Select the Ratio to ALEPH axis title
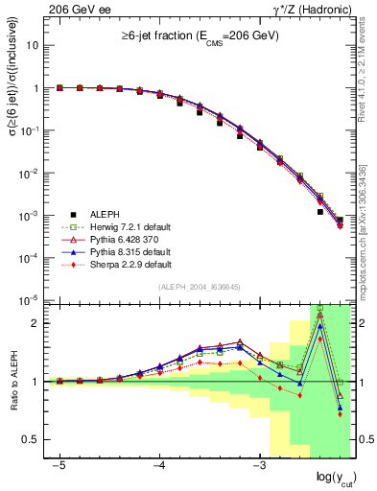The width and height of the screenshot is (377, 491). click(13, 381)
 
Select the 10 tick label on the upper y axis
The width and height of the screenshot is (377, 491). click(33, 45)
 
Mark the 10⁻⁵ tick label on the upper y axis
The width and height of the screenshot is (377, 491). click(29, 301)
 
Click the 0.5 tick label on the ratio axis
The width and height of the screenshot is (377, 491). click(29, 440)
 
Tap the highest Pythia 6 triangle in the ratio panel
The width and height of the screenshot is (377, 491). click(319, 314)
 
